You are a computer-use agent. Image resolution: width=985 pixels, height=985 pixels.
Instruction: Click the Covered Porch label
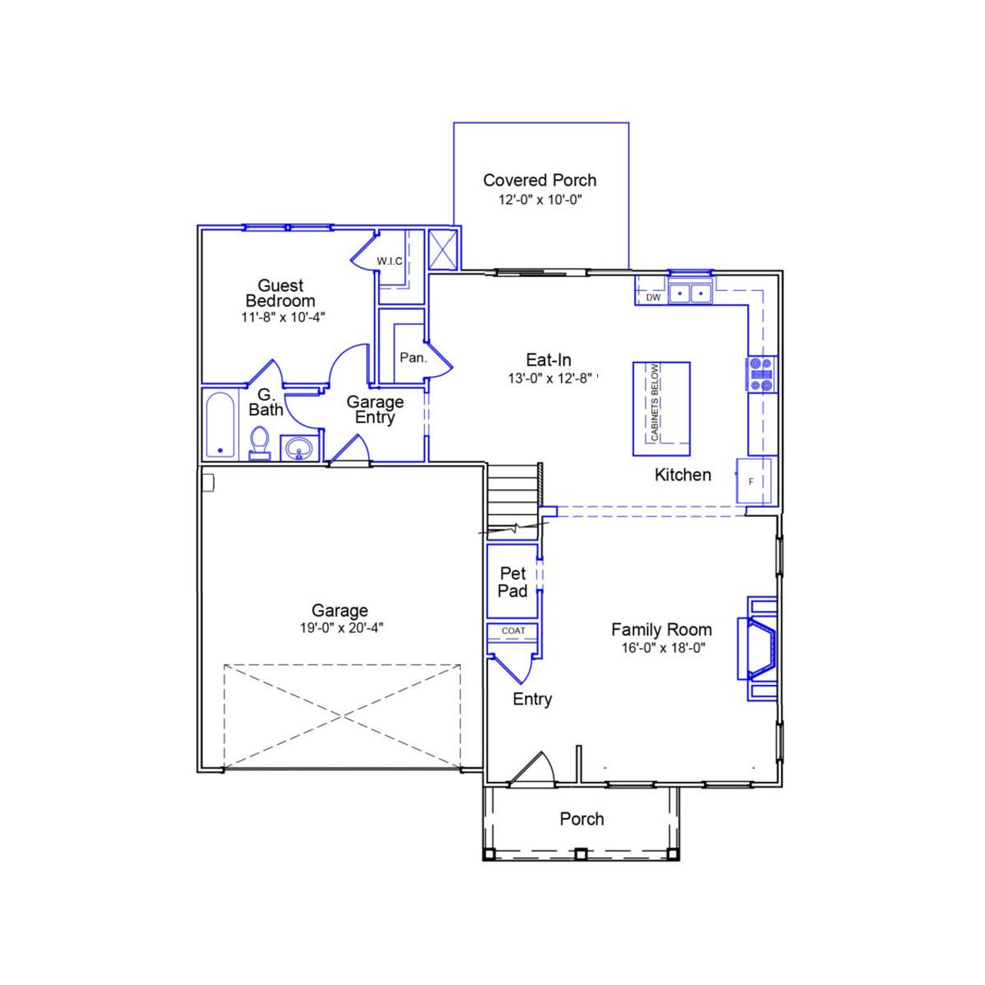(x=539, y=180)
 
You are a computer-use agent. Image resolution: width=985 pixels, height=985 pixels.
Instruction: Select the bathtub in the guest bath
(x=220, y=425)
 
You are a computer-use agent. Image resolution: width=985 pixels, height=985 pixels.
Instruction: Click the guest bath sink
(x=299, y=447)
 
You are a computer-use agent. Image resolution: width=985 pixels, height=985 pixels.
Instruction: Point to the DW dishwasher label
(x=653, y=297)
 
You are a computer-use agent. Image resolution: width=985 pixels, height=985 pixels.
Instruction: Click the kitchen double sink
(x=689, y=293)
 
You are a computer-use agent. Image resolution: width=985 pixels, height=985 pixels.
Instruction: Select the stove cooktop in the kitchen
(x=762, y=375)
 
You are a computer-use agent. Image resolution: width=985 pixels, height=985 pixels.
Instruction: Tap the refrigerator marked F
(x=753, y=482)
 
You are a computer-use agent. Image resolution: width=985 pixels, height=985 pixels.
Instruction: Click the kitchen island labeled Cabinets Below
(x=661, y=409)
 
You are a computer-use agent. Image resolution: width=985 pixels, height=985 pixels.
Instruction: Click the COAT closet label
(x=513, y=631)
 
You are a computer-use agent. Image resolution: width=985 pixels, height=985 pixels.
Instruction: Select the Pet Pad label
(x=513, y=582)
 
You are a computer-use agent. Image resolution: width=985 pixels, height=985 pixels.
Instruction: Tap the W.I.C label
(x=389, y=261)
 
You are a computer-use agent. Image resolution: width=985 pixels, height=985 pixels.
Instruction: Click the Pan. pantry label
(x=413, y=358)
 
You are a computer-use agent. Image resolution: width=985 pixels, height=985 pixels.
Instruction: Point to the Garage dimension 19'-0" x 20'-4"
(x=341, y=628)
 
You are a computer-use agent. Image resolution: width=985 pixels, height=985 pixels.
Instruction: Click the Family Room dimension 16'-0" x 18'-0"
(x=663, y=648)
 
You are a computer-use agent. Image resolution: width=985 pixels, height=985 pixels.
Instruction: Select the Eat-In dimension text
(x=549, y=379)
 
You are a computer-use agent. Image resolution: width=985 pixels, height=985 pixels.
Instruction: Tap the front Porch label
(x=581, y=819)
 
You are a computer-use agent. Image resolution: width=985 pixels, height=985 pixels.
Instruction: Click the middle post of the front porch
(x=581, y=853)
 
